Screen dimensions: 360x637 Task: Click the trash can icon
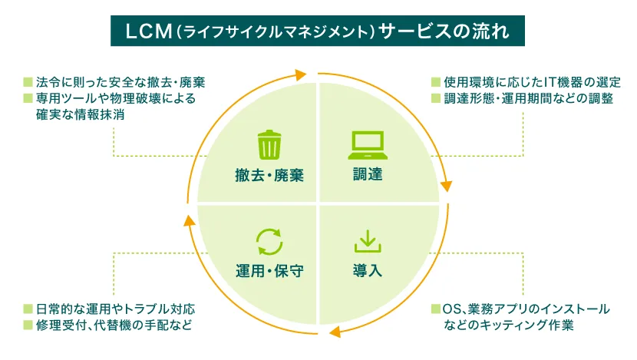269,144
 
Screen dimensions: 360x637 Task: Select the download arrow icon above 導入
367,241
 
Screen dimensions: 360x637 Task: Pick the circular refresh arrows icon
269,241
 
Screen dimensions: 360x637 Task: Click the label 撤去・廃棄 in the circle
269,175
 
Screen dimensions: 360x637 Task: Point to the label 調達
367,175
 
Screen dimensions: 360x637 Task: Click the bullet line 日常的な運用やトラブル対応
115,309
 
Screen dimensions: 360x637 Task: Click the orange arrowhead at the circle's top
300,74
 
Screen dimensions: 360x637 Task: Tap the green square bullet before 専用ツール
28,99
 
